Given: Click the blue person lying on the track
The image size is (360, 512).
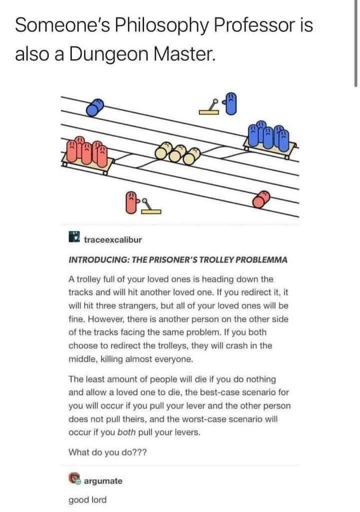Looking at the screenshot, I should (x=93, y=108).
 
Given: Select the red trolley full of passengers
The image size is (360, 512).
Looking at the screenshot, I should (x=86, y=153).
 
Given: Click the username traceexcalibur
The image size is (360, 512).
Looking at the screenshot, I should (x=113, y=240).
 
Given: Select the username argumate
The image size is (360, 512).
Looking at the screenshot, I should (x=103, y=481).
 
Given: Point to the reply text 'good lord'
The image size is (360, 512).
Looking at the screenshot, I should (x=87, y=499).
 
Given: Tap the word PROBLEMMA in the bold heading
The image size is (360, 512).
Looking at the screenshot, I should (x=261, y=260).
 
